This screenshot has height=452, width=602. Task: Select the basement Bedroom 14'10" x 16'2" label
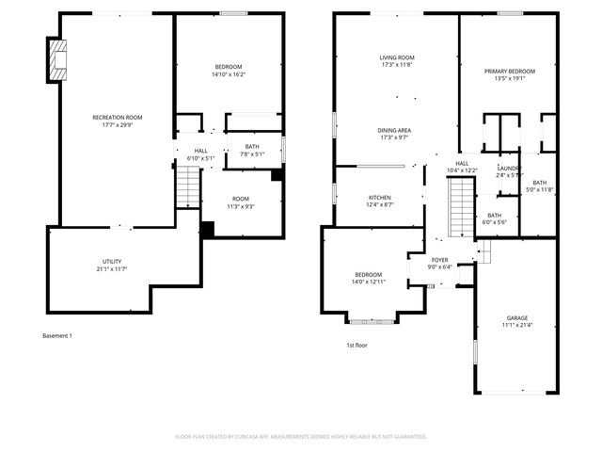(x=229, y=70)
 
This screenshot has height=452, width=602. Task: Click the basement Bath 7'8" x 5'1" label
(x=252, y=150)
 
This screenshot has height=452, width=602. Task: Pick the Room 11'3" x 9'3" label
(x=241, y=202)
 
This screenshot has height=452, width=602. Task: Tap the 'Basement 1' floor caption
(x=57, y=336)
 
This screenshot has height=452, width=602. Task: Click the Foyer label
(x=439, y=263)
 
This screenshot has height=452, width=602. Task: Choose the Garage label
(x=516, y=322)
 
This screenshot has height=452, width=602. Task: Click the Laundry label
(x=509, y=171)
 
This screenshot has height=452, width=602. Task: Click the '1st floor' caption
(x=356, y=346)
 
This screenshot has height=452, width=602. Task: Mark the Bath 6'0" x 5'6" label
(x=494, y=218)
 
